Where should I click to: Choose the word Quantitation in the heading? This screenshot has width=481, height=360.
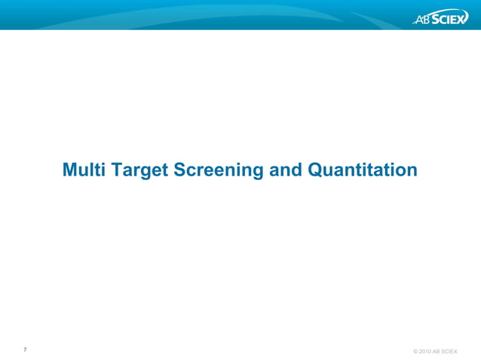click(x=363, y=170)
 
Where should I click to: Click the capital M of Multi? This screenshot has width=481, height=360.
click(x=70, y=170)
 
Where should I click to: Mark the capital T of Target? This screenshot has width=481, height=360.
click(x=117, y=170)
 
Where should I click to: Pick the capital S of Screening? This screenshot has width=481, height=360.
click(x=181, y=170)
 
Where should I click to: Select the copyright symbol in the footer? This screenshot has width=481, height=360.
click(x=415, y=352)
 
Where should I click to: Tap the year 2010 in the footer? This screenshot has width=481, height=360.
click(x=426, y=352)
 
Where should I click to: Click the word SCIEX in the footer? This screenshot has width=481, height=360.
click(x=449, y=352)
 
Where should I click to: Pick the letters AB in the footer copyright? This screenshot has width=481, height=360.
click(x=437, y=352)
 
